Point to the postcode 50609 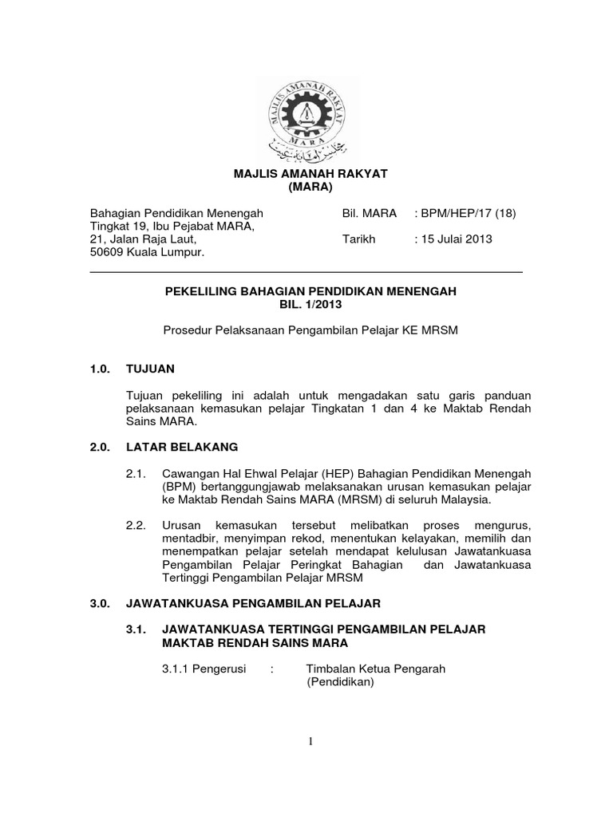point(108,252)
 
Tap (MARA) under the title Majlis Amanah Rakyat point(306,187)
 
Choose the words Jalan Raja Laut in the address point(148,239)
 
